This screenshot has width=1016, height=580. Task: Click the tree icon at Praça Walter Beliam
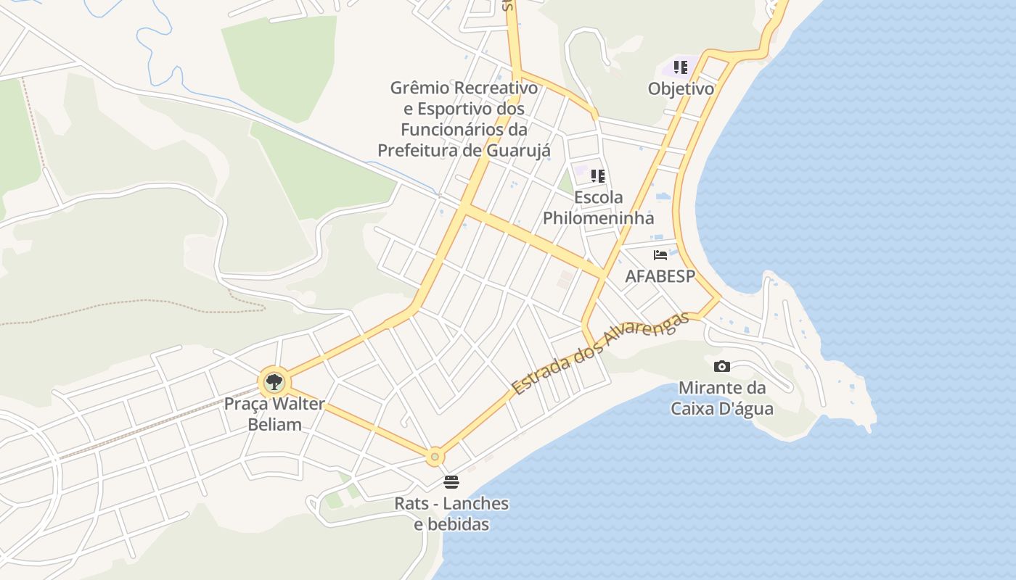274,381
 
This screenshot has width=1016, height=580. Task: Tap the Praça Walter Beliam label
274,414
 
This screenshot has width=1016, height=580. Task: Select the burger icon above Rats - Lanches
451,482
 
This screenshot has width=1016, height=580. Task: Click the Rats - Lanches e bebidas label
451,513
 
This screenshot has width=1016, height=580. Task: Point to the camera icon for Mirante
721,366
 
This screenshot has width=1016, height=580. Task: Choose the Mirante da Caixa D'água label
721,398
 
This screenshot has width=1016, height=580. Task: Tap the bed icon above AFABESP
660,255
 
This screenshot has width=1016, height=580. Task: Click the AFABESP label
660,276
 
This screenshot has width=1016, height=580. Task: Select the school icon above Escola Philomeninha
598,175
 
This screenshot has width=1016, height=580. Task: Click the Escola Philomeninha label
598,207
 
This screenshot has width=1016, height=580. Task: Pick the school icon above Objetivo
680,67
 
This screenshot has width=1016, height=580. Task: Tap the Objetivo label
681,89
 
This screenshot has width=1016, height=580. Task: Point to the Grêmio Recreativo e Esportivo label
464,119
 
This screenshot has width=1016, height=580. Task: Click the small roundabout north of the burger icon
435,457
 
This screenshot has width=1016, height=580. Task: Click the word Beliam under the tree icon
274,424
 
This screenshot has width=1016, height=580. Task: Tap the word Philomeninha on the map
598,218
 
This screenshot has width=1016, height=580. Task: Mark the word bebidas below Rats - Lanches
451,524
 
